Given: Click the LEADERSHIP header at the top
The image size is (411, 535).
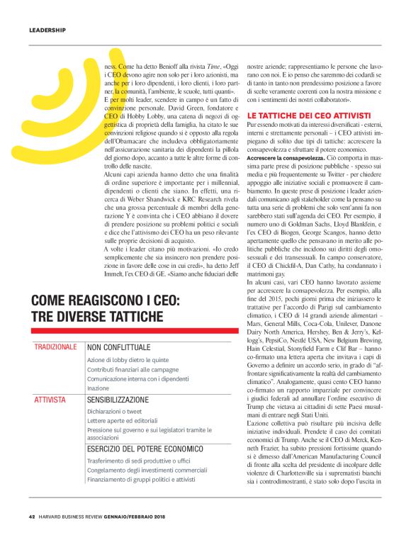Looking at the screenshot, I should pyautogui.click(x=47, y=30).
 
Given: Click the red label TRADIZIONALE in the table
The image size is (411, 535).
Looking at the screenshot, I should pyautogui.click(x=55, y=347).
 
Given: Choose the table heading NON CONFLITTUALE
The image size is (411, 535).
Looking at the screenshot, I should pyautogui.click(x=119, y=348).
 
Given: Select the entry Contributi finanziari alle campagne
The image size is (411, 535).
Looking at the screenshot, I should pyautogui.click(x=133, y=370).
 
